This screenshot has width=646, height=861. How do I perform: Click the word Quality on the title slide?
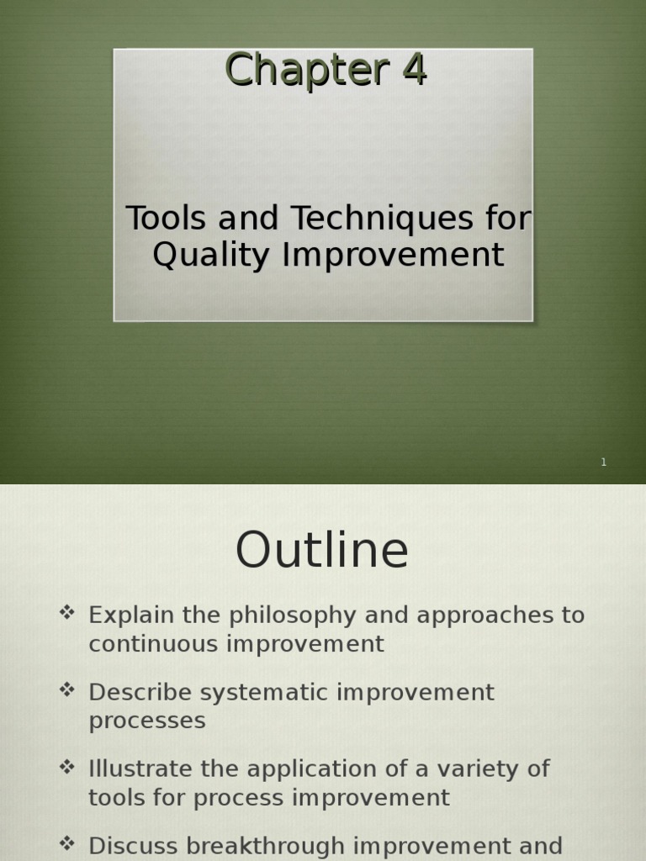click(211, 255)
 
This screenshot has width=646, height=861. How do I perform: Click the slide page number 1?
click(603, 462)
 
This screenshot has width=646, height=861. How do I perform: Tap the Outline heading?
click(322, 551)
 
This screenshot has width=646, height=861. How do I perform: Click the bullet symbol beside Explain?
click(67, 613)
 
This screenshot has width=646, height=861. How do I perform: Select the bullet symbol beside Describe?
click(67, 690)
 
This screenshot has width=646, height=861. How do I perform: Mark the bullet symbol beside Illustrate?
click(67, 767)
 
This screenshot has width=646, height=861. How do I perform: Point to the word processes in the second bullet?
click(146, 721)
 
